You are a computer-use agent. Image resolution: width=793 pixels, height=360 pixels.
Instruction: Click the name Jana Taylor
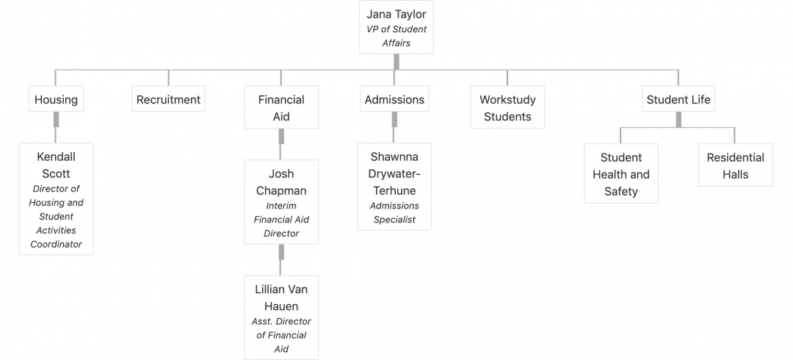[x=396, y=14]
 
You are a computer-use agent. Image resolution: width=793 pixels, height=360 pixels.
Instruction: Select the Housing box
[x=56, y=98]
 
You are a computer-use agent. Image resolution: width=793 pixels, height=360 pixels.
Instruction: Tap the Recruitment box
[x=168, y=98]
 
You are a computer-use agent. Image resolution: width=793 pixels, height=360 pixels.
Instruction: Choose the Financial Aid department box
[x=281, y=107]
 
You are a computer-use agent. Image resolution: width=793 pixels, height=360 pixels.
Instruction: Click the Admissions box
[x=394, y=98]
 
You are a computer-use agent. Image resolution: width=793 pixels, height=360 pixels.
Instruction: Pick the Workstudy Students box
[x=507, y=107]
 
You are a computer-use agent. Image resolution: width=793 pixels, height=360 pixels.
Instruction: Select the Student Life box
[x=678, y=98]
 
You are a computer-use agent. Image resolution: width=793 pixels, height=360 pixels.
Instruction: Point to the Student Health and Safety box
[x=621, y=173]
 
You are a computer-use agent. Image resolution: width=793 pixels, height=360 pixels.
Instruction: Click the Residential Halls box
[x=735, y=165]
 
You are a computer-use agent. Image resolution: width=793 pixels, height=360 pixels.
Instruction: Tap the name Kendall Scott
[x=56, y=165]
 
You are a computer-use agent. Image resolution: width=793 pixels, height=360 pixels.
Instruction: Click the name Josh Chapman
[x=281, y=182]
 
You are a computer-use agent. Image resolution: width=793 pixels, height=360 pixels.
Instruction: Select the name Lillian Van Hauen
[x=281, y=298]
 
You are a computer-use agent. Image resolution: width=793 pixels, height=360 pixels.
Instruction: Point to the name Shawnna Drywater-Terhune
[x=394, y=173]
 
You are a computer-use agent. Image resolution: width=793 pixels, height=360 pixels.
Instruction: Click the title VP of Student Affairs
[x=396, y=36]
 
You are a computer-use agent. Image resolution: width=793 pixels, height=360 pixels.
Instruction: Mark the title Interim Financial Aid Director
[x=281, y=219]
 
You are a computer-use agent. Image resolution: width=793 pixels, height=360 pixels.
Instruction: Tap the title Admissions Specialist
[x=394, y=212]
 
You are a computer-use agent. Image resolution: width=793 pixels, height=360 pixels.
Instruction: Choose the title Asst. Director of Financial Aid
[x=281, y=335]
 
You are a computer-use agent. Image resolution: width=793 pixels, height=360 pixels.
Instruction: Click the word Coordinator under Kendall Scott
[x=56, y=244]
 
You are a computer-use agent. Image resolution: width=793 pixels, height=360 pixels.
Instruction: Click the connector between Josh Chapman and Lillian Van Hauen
[x=281, y=260]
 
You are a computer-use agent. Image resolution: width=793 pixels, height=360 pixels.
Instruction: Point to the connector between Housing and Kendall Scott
[x=56, y=127]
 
